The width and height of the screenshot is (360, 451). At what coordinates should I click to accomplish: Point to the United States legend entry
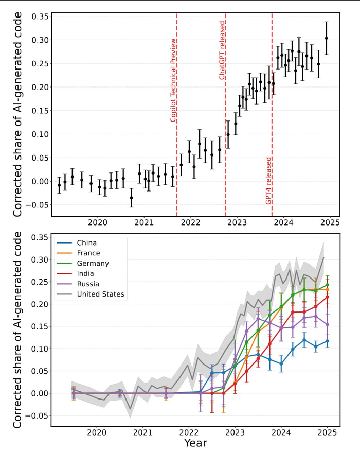click(100, 294)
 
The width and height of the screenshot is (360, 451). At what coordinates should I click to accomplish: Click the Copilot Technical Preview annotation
click(173, 80)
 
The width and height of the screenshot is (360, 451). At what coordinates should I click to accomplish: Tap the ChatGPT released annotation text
click(222, 50)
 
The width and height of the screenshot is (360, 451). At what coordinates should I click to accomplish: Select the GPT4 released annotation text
click(268, 181)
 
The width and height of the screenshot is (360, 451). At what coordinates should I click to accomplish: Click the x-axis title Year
click(195, 443)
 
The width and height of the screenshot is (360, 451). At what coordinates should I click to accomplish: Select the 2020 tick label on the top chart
click(98, 222)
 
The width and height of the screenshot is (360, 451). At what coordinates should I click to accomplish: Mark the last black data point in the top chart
click(326, 38)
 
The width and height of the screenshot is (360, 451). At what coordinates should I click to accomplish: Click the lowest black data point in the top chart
click(131, 198)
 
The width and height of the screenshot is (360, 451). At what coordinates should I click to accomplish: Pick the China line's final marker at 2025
click(328, 341)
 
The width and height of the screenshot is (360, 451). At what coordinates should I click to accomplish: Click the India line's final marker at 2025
click(328, 297)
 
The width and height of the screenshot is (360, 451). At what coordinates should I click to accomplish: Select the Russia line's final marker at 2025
click(328, 324)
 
